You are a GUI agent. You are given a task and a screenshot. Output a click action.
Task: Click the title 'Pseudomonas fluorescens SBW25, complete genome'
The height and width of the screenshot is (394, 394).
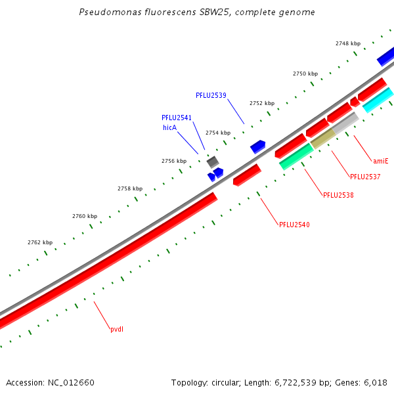(196, 12)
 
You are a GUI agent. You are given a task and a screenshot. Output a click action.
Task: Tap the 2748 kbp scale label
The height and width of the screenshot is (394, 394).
(348, 43)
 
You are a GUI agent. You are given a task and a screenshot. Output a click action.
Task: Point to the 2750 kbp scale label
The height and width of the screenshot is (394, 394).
(305, 74)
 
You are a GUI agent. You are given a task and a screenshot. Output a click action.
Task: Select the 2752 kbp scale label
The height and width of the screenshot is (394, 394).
(262, 103)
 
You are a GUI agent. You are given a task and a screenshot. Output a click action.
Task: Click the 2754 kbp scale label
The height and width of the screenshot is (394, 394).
(218, 133)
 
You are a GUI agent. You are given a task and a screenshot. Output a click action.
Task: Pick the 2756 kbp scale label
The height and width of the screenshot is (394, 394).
(174, 161)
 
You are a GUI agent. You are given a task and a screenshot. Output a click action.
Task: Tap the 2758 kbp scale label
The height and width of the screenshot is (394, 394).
(130, 188)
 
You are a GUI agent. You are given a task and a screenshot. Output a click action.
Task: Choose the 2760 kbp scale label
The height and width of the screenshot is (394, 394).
(85, 216)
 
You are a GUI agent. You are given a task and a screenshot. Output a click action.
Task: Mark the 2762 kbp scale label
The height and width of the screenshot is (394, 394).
(40, 242)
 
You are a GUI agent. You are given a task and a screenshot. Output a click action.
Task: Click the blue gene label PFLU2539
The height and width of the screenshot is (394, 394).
(211, 95)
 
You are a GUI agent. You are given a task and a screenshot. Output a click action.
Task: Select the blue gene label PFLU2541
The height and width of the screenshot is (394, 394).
(177, 118)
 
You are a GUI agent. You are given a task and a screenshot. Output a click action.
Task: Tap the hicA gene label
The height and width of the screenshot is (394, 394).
(169, 127)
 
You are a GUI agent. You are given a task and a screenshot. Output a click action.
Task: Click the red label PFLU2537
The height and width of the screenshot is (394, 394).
(365, 177)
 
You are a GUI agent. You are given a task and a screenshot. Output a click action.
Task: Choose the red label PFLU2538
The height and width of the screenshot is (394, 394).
(338, 195)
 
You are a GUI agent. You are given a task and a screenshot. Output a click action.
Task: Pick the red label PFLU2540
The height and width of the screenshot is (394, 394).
(294, 225)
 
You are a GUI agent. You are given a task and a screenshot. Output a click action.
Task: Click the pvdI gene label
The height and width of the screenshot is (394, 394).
(117, 329)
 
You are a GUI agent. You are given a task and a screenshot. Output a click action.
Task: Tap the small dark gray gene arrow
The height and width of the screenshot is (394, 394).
(213, 161)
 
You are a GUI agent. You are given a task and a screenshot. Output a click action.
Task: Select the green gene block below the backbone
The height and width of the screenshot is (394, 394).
(296, 156)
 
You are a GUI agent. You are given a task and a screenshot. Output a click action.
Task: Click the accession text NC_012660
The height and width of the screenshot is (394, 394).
(50, 382)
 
